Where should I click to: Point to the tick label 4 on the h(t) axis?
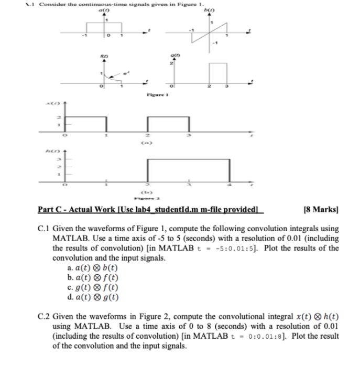click(x=229, y=186)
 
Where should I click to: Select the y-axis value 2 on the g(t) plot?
click(x=169, y=63)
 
